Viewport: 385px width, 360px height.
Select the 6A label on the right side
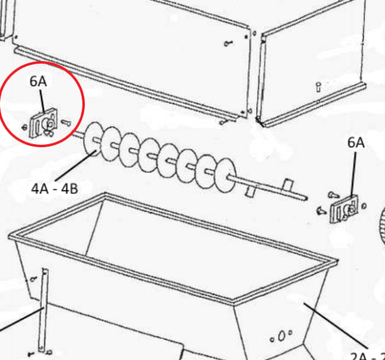click(x=355, y=143)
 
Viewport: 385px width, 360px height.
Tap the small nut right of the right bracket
click(x=365, y=206)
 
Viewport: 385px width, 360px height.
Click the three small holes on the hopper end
click(x=282, y=336)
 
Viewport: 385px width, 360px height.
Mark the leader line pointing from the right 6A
click(x=354, y=174)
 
